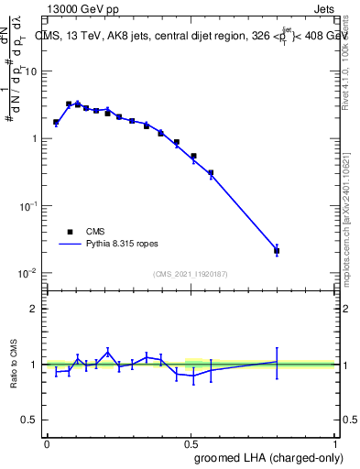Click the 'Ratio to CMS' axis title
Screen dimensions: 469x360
[x=16, y=365]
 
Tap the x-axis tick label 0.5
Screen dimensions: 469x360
[x=191, y=442]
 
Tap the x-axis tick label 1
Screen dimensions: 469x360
[x=335, y=442]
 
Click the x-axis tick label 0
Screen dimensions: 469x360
[x=47, y=442]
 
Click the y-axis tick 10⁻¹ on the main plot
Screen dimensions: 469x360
[x=29, y=206]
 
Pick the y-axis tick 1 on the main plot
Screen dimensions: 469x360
[x=36, y=139]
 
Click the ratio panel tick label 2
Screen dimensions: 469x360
[x=36, y=309]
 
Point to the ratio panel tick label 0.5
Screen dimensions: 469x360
[x=30, y=421]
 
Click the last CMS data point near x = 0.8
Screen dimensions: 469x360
[x=277, y=250]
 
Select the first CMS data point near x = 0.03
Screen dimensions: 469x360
[x=56, y=122]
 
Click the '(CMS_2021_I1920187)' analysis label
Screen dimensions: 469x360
[x=191, y=274]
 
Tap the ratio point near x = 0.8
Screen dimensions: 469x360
[x=277, y=362]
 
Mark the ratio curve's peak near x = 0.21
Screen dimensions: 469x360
[x=108, y=352]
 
